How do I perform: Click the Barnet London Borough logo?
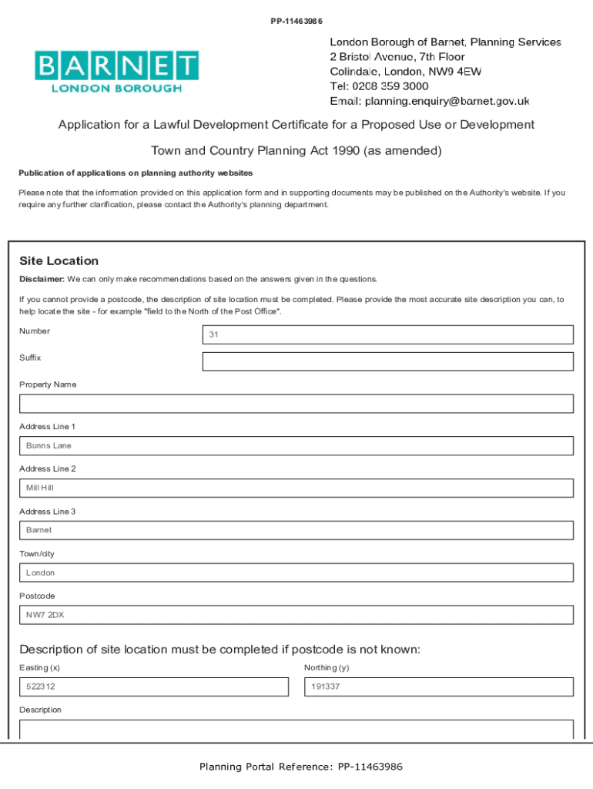click(116, 71)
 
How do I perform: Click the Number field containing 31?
click(387, 334)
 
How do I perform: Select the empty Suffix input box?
click(387, 361)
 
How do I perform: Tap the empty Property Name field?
click(296, 404)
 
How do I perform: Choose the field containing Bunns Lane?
click(296, 446)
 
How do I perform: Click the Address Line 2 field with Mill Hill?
click(296, 488)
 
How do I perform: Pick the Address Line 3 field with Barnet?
click(296, 530)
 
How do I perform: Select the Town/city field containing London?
click(296, 572)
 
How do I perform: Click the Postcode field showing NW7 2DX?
click(296, 615)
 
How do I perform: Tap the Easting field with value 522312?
click(154, 687)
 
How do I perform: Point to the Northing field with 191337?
click(438, 687)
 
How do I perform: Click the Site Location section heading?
click(59, 261)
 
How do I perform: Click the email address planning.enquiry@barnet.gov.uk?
click(447, 101)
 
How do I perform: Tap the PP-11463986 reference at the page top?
click(296, 22)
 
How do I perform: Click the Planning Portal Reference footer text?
click(300, 767)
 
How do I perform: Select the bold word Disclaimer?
click(42, 279)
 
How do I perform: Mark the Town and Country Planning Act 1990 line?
click(296, 151)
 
